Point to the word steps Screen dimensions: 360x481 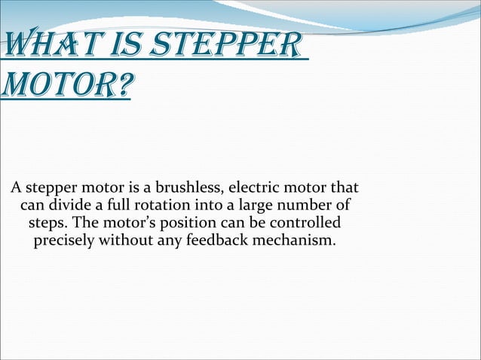click(47, 224)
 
